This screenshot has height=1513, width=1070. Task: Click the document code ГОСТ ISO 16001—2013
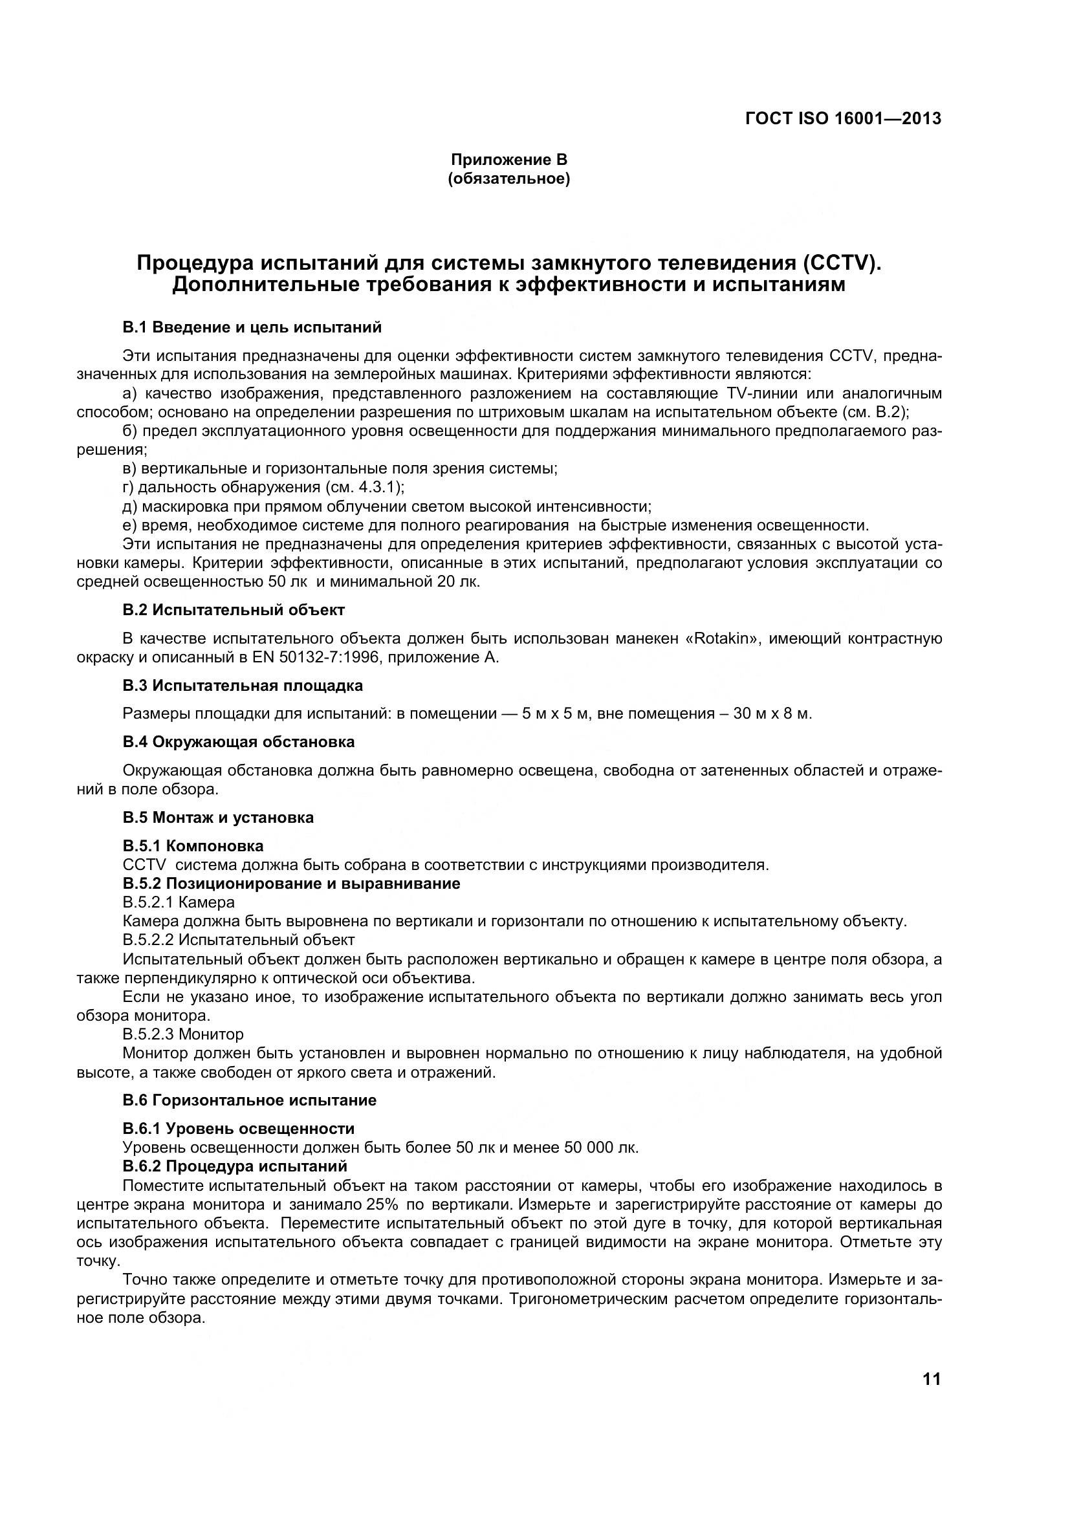[x=843, y=118]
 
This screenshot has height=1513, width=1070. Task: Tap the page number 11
[x=932, y=1378]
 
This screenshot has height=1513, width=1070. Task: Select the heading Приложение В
[x=508, y=160]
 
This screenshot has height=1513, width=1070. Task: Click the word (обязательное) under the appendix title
[x=508, y=179]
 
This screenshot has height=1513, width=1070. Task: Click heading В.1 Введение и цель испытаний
[x=252, y=327]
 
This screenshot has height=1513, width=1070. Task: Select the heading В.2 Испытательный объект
[x=234, y=609]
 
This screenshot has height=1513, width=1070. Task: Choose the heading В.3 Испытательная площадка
[x=243, y=685]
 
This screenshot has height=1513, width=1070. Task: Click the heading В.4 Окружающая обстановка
[x=239, y=742]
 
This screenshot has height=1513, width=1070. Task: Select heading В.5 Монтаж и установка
[x=218, y=817]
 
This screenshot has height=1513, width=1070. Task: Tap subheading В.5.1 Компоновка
[x=193, y=845]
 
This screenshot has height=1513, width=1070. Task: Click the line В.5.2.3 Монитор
[x=183, y=1034]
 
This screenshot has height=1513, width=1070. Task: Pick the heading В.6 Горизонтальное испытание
[x=249, y=1100]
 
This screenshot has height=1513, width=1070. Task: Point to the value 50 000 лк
[x=600, y=1148]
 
